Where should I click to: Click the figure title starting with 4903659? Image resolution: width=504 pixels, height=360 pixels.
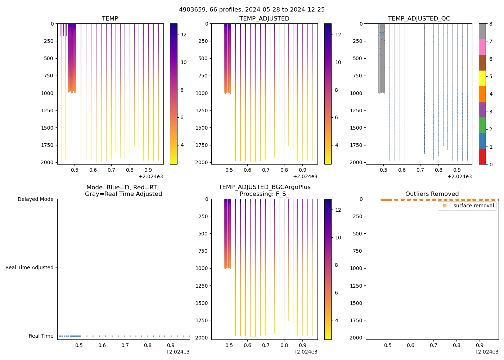[252, 9]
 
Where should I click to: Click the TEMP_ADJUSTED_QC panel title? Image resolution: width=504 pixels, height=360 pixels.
[419, 18]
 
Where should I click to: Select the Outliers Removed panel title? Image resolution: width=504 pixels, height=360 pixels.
[432, 194]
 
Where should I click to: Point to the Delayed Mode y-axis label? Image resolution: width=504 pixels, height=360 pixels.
[35, 199]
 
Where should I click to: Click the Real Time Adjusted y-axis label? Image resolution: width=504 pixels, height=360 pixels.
[29, 267]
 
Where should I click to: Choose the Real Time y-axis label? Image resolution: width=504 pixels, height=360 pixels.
[41, 336]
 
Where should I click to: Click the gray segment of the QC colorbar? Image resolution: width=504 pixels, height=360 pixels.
[482, 31]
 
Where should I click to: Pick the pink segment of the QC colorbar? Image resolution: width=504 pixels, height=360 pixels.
[482, 47]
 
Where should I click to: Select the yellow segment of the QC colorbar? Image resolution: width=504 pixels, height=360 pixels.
[482, 78]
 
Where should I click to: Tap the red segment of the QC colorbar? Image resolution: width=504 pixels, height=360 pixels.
[482, 156]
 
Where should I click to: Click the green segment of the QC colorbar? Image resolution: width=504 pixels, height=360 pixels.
[482, 125]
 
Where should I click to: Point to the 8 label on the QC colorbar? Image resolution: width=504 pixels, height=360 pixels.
[491, 24]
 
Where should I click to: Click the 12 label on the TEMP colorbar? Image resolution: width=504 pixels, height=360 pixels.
[184, 35]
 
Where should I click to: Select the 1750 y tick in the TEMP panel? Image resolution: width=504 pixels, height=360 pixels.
[48, 145]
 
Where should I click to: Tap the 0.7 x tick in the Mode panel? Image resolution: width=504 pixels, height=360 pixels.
[125, 345]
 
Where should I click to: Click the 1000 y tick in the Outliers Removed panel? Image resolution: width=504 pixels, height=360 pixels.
[356, 268]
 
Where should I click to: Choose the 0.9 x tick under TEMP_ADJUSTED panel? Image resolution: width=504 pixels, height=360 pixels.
[302, 170]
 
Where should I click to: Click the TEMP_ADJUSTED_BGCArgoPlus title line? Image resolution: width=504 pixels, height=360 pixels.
[264, 187]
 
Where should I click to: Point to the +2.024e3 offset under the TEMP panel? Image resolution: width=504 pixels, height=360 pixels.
[151, 176]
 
